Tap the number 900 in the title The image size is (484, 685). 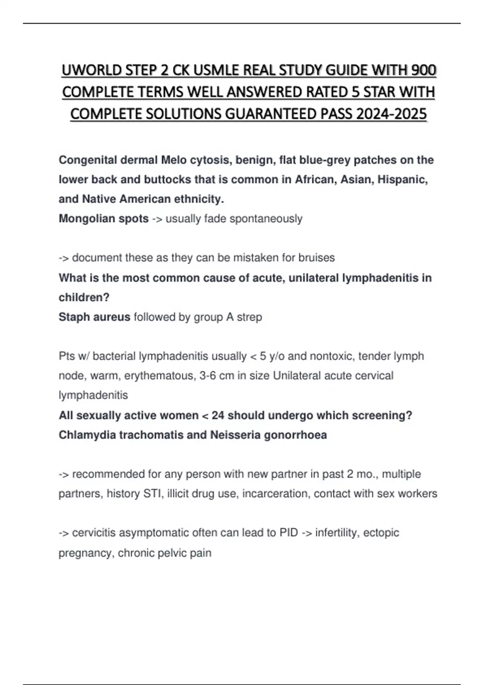tap(424, 71)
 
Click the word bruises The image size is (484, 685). tap(316, 258)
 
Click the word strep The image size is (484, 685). tap(249, 318)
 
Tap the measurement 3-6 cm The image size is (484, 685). tap(217, 376)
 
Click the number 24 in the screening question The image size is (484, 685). tap(218, 415)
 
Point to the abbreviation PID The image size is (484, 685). tap(288, 533)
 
